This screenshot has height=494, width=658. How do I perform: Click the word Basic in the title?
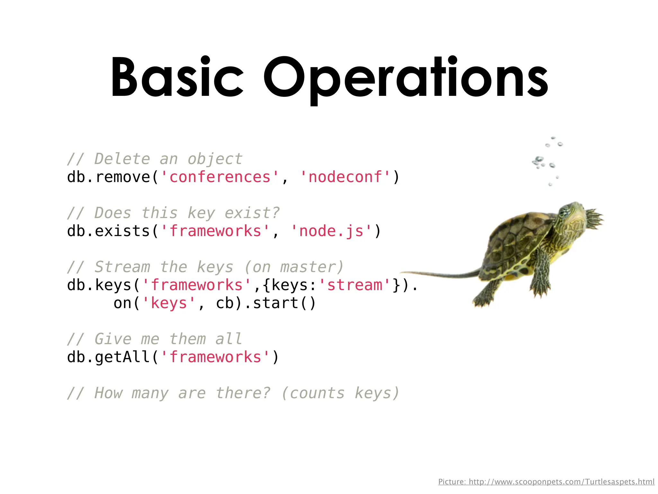(177, 77)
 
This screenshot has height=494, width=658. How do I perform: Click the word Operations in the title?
(406, 79)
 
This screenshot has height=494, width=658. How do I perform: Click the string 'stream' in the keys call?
(355, 285)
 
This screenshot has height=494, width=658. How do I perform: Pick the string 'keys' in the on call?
(169, 303)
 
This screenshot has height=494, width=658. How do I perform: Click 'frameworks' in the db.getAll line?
(215, 357)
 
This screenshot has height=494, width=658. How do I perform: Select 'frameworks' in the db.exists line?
(215, 231)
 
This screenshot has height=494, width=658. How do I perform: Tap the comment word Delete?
(122, 159)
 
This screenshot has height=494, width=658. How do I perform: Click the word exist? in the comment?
(252, 213)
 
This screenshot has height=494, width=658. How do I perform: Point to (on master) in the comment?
(294, 267)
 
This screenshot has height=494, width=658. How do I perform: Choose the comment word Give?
(113, 339)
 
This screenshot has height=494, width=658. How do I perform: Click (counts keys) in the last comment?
(340, 393)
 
